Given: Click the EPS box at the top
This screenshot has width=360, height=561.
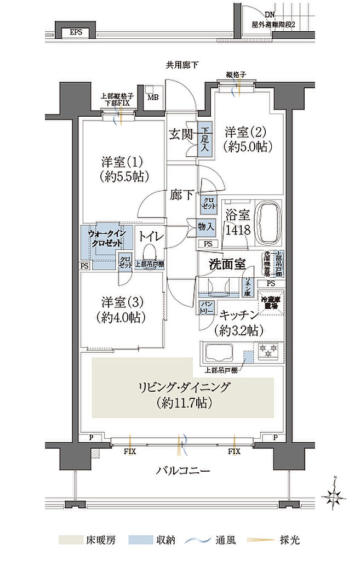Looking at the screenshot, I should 76,32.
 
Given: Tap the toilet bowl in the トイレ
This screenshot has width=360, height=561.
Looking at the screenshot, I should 148,253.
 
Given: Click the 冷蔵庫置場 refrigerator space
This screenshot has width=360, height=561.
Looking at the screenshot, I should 272,304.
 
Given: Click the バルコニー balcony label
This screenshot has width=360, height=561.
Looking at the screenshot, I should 181,471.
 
